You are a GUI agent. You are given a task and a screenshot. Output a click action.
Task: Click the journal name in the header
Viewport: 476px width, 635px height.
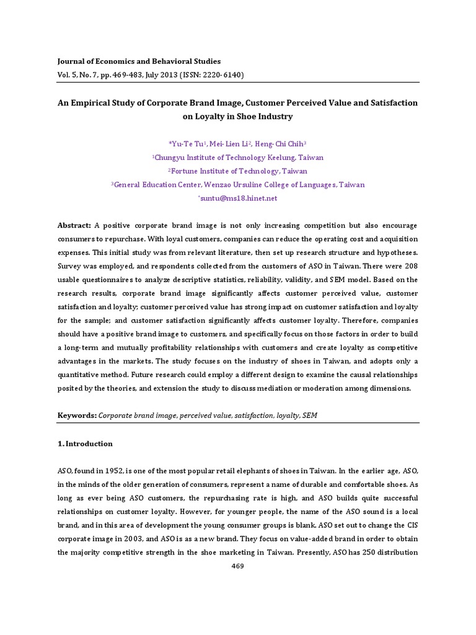[x=139, y=61]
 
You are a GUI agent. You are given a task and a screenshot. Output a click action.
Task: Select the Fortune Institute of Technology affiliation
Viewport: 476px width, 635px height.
[x=239, y=171]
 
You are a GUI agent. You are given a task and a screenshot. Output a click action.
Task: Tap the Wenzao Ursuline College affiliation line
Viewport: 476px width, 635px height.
[x=239, y=185]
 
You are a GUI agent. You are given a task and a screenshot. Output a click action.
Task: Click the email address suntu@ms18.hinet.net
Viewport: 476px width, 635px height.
[x=239, y=198]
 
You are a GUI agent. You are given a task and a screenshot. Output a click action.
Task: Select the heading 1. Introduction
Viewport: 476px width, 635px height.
[x=86, y=443]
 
